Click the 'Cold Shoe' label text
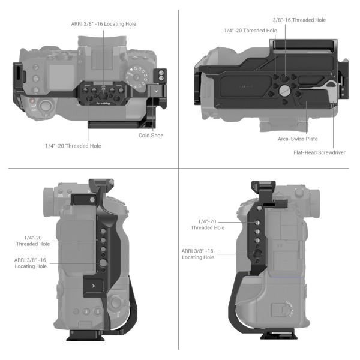tap(151, 136)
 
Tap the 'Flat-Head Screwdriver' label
tap(319, 152)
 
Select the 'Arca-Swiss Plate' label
tap(298, 139)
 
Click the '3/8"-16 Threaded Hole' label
tap(299, 20)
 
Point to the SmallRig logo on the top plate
tap(103, 103)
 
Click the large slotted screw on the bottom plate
tap(284, 91)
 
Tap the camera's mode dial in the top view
tap(137, 77)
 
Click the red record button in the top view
tap(32, 101)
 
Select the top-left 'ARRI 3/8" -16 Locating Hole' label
tap(104, 24)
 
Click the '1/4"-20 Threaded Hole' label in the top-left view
tap(73, 146)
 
